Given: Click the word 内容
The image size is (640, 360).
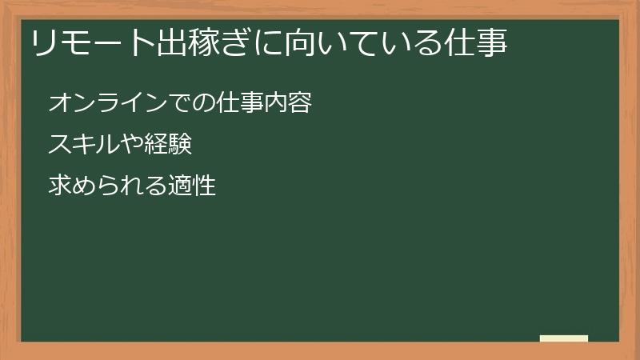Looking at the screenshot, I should pyautogui.click(x=288, y=103).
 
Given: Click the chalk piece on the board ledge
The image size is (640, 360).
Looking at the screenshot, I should pyautogui.click(x=564, y=338).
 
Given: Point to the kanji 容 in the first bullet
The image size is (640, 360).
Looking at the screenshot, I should pyautogui.click(x=300, y=103).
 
